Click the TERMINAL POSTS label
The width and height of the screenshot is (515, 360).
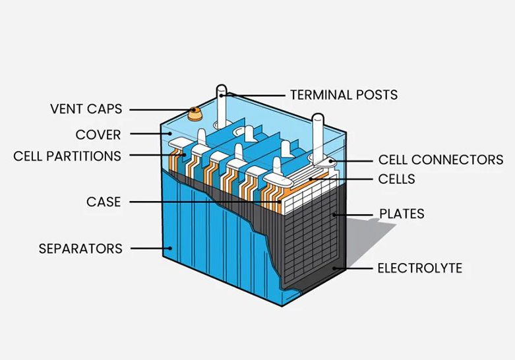click(344, 95)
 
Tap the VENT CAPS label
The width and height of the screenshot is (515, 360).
click(86, 109)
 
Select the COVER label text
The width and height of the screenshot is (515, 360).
click(98, 135)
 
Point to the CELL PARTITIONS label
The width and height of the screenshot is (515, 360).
click(67, 156)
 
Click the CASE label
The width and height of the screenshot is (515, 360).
click(104, 202)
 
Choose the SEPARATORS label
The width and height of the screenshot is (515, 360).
click(80, 249)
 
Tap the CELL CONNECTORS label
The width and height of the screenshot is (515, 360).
click(440, 160)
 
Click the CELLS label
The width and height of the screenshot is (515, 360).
click(397, 179)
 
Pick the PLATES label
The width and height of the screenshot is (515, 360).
click(401, 214)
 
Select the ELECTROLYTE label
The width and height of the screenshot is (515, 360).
click(419, 268)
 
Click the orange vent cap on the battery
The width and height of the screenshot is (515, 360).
click(195, 113)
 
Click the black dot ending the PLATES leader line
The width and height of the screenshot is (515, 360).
click(335, 214)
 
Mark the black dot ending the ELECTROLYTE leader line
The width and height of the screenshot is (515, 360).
click(335, 268)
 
